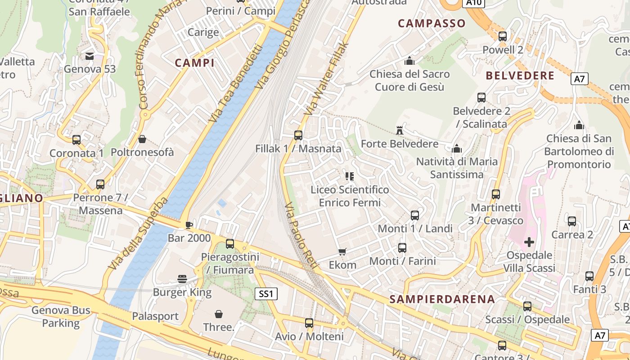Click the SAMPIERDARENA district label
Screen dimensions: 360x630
(442, 299)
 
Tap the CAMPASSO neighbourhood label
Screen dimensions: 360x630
(432, 23)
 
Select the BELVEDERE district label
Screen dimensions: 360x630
(520, 76)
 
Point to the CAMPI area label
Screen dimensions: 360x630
(194, 63)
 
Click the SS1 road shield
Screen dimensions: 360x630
(266, 294)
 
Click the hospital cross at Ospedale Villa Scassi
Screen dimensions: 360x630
(529, 242)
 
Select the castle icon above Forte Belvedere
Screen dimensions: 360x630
(399, 130)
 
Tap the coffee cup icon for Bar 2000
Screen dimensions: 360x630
(189, 225)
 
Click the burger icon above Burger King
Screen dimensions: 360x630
(182, 279)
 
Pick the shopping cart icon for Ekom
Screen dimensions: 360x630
(342, 252)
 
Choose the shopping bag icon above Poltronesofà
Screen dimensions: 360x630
(142, 139)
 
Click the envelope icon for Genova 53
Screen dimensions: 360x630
(90, 56)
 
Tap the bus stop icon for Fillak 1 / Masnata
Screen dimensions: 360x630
(298, 135)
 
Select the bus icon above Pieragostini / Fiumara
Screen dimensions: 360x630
(230, 244)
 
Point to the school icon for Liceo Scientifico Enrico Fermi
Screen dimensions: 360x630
(350, 176)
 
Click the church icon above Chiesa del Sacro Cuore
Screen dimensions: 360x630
(409, 60)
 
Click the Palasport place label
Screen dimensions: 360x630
(155, 316)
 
